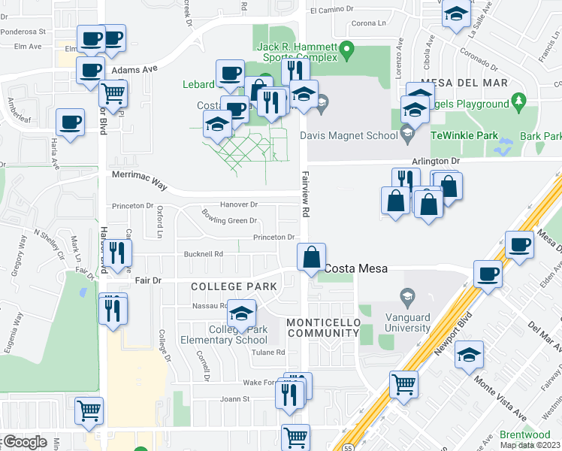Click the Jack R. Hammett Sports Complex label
pyautogui.click(x=298, y=52)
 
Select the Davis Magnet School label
pyautogui.click(x=348, y=136)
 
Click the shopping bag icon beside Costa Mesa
pyautogui.click(x=311, y=257)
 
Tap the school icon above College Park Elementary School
pyautogui.click(x=242, y=313)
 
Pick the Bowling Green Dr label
pyautogui.click(x=229, y=220)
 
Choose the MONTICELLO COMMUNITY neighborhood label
pyautogui.click(x=324, y=328)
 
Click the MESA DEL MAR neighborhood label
pyautogui.click(x=464, y=83)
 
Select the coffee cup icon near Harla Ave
pyautogui.click(x=71, y=123)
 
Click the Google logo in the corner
pyautogui.click(x=24, y=442)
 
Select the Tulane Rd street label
pyautogui.click(x=269, y=352)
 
